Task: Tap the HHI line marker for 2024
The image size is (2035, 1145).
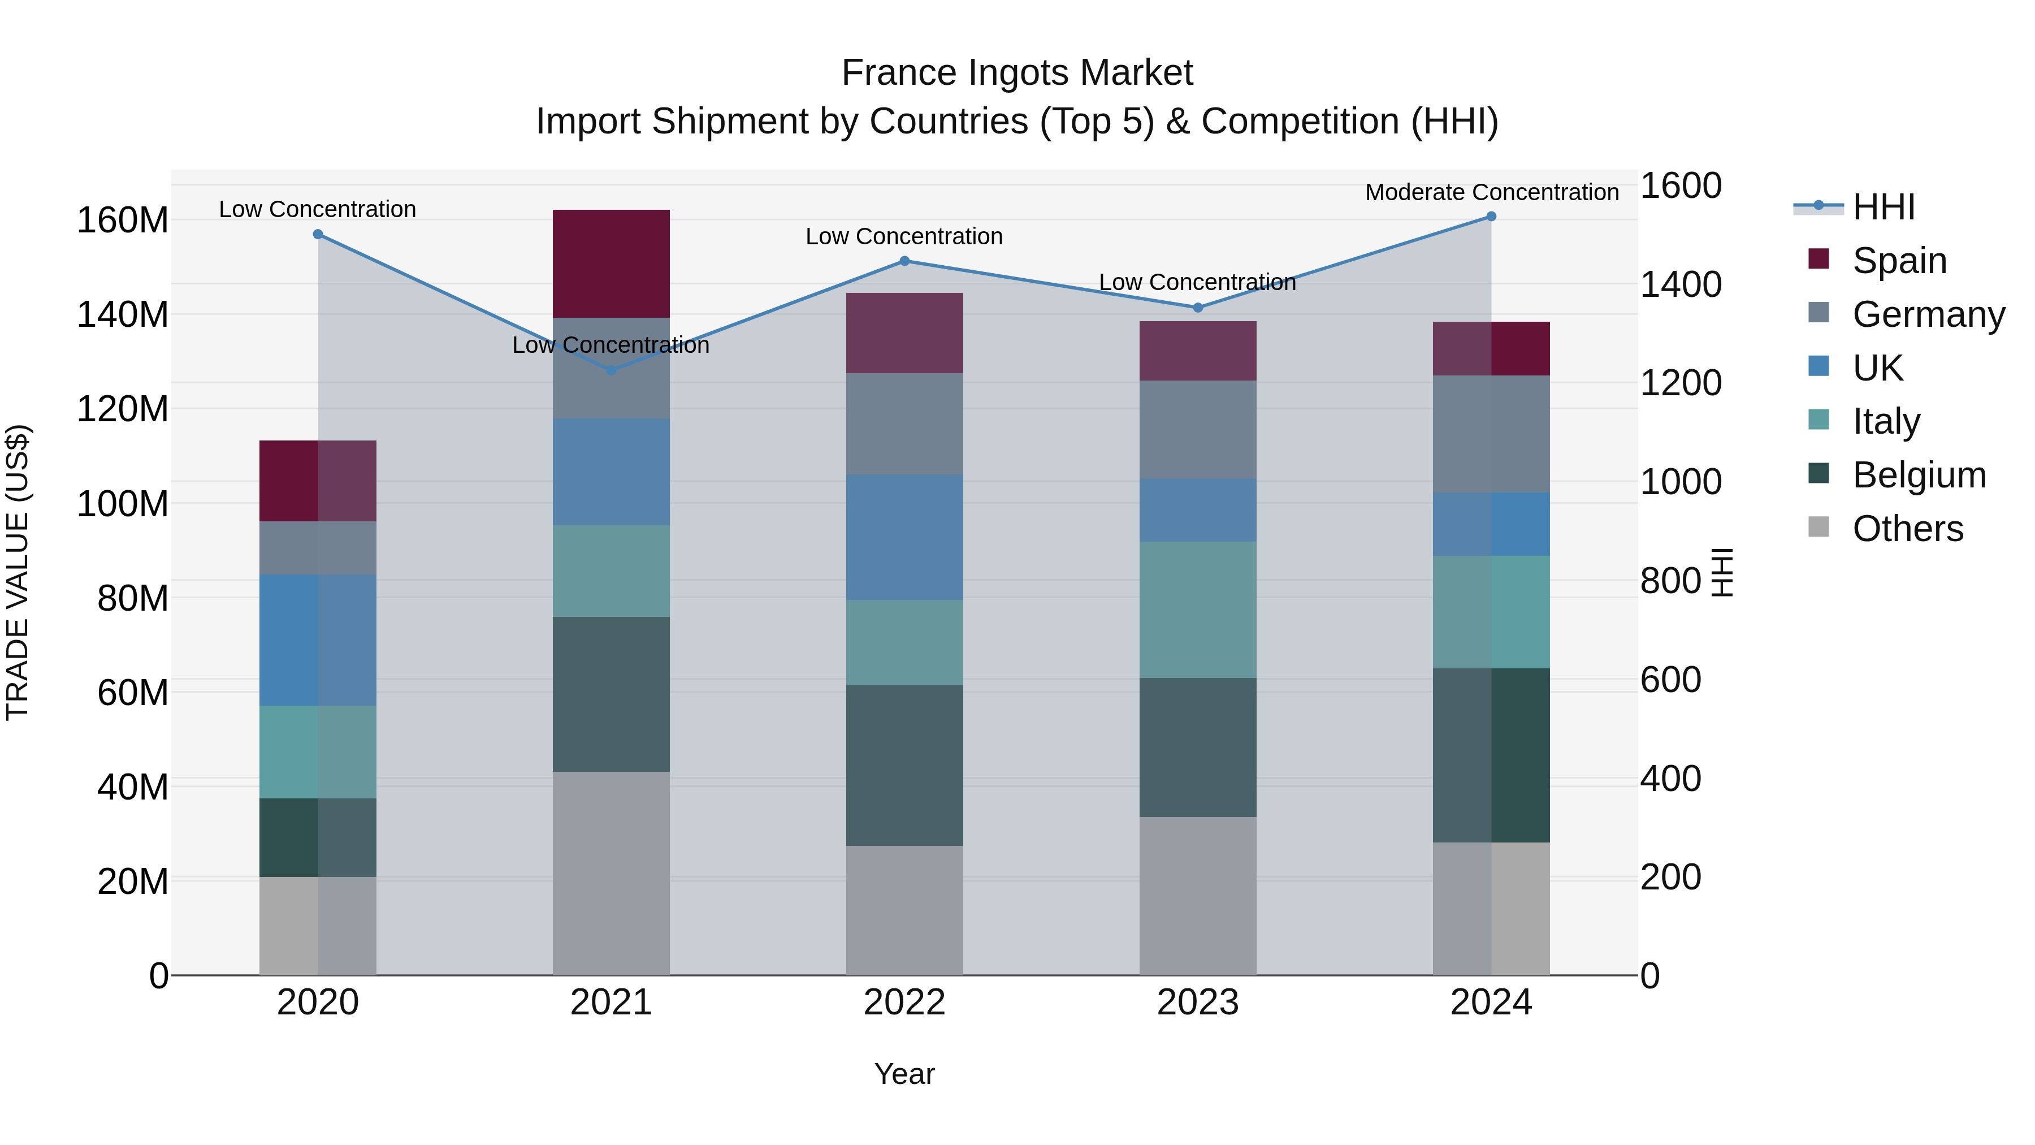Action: [x=1491, y=217]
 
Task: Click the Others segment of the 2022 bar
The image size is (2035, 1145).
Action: [x=904, y=910]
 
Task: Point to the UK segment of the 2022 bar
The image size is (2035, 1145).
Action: [x=904, y=537]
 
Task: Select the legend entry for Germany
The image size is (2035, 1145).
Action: [x=1928, y=314]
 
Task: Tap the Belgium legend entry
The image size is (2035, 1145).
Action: [x=1918, y=475]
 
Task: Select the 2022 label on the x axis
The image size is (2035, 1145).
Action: [x=904, y=1003]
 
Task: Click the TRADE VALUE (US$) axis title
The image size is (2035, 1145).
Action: [x=18, y=572]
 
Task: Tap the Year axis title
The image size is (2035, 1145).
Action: [x=904, y=1074]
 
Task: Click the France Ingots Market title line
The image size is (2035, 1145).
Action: [x=1017, y=73]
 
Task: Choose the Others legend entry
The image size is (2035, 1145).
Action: [x=1907, y=529]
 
